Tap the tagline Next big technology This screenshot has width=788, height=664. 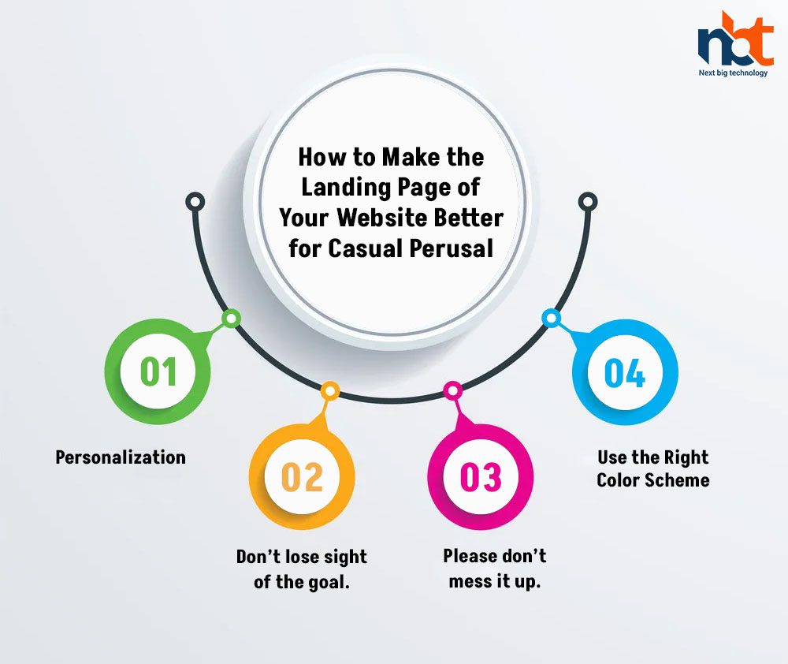tap(733, 73)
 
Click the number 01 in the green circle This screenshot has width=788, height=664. tap(158, 371)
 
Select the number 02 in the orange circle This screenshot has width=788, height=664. tap(302, 477)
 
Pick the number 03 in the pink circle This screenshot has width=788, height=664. tap(481, 477)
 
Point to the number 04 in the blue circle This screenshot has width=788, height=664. tap(625, 373)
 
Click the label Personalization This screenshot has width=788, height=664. tap(121, 457)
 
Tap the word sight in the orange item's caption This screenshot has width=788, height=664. tap(345, 558)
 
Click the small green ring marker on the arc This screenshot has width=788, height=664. tap(231, 319)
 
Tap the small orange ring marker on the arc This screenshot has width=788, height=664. tap(330, 391)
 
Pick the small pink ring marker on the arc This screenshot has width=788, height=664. tap(453, 390)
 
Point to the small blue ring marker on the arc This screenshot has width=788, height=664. tap(552, 319)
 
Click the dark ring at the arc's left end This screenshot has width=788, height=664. tap(195, 202)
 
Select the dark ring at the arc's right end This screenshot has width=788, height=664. tap(588, 202)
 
